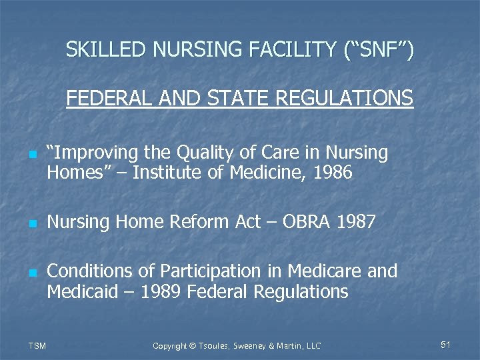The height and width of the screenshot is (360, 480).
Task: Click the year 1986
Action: tap(331, 173)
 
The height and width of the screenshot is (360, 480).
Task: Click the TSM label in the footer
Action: tap(37, 345)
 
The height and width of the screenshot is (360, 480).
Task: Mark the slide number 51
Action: tap(446, 345)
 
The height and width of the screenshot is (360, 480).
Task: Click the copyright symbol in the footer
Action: tap(193, 346)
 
